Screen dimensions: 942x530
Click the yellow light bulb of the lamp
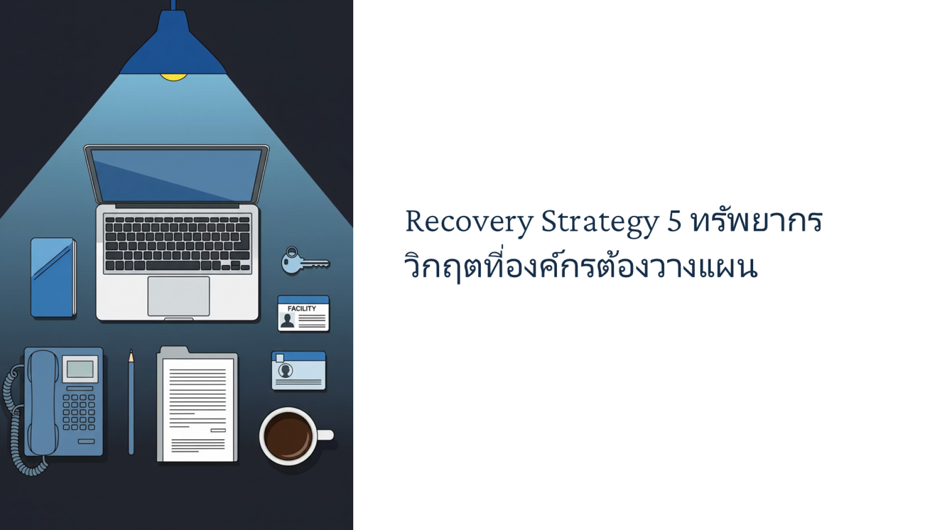pos(173,77)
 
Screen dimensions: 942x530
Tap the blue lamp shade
pos(173,47)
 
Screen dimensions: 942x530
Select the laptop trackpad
pos(179,296)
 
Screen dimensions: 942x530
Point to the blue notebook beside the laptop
pos(53,278)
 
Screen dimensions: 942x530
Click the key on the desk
pos(304,261)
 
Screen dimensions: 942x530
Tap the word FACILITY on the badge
pos(302,308)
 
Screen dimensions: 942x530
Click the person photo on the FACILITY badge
pos(287,320)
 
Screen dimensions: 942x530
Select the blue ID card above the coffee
pos(299,371)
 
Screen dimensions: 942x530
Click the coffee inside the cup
pos(288,435)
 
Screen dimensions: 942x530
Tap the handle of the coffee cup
pos(326,435)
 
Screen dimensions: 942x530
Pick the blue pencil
pos(131,402)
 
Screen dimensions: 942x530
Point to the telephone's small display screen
pos(80,369)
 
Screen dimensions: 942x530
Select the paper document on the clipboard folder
pos(198,410)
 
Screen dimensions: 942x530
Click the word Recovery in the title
pos(469,222)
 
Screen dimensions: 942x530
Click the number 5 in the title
pos(675,221)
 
